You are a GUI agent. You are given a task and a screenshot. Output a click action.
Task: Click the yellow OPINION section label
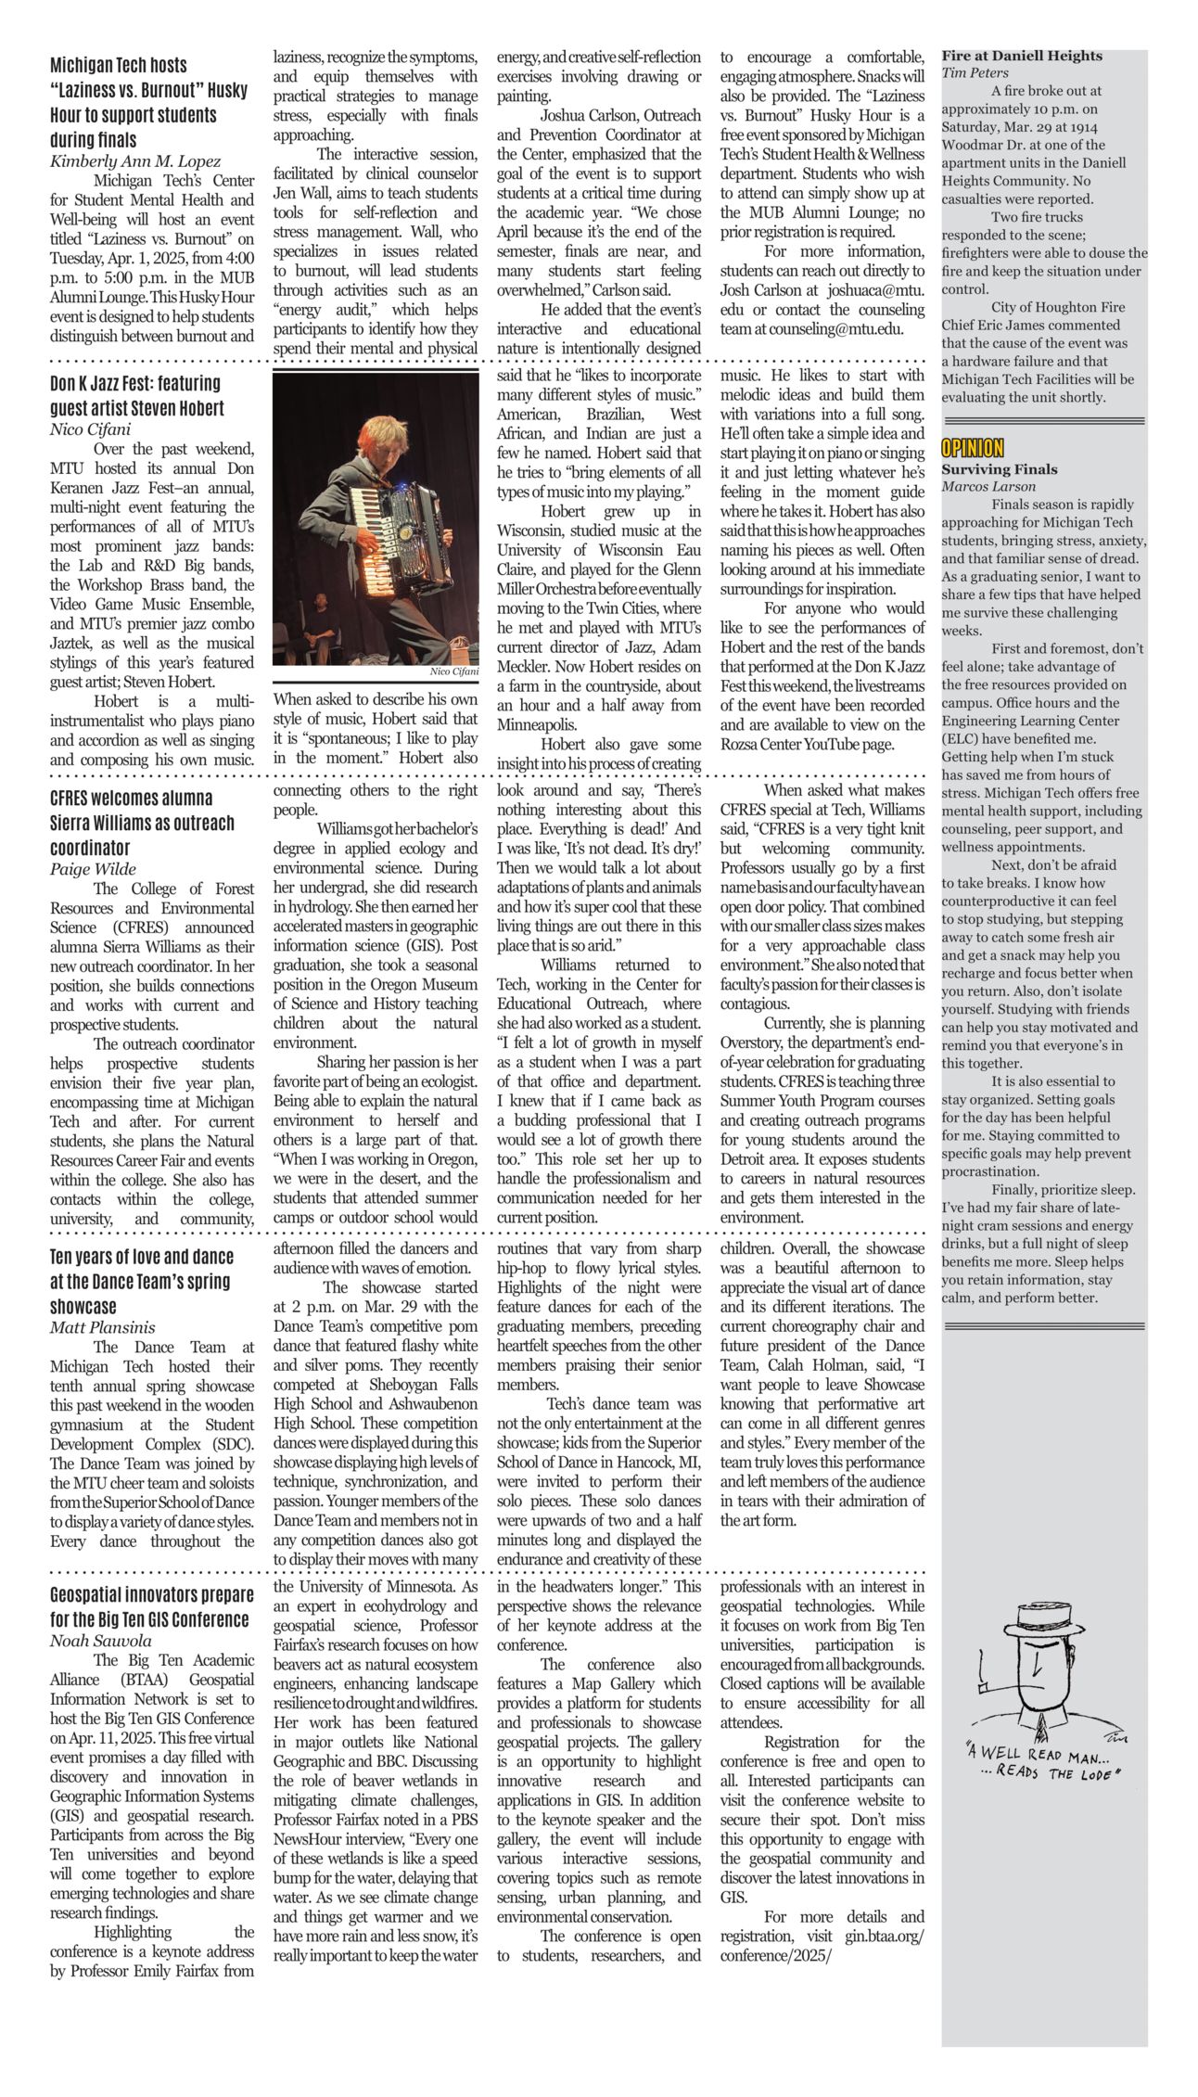(972, 449)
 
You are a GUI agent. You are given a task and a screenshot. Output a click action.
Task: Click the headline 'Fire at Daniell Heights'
(1022, 56)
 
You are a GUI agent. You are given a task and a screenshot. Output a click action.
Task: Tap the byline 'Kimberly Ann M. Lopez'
(135, 161)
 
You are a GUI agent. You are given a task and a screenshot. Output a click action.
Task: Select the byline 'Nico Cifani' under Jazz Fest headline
(90, 428)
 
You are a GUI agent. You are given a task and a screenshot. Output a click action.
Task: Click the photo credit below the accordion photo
(454, 671)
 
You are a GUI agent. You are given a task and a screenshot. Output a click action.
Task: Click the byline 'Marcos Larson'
(988, 486)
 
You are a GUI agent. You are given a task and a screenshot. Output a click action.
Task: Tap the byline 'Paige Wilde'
(93, 869)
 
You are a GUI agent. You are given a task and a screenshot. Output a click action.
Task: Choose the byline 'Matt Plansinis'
(102, 1328)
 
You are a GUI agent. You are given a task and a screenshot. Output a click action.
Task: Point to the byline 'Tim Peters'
(975, 72)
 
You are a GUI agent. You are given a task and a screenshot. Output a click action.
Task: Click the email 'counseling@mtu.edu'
(841, 329)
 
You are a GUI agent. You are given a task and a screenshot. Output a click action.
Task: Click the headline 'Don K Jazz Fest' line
(135, 383)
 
